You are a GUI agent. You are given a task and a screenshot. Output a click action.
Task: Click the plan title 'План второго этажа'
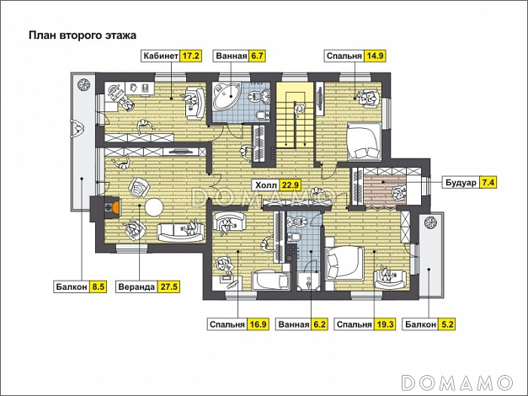[83, 35]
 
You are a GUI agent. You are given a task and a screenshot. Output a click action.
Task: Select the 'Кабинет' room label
[161, 56]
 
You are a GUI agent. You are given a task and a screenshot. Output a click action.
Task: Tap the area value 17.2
[191, 56]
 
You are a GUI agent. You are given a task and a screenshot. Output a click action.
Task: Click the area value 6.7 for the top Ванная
[257, 56]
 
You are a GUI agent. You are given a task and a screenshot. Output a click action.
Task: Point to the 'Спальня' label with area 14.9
[344, 56]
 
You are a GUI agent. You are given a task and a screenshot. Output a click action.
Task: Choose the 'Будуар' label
[461, 183]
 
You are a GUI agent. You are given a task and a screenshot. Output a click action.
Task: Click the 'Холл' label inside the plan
[266, 185]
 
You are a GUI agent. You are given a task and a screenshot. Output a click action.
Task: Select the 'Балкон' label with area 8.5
[72, 286]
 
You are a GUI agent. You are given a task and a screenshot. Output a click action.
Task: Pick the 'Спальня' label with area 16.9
[227, 324]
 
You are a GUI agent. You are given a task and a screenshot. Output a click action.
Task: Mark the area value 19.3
[385, 324]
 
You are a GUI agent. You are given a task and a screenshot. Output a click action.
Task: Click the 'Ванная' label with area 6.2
[294, 324]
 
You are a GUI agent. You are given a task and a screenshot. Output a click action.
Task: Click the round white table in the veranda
[154, 208]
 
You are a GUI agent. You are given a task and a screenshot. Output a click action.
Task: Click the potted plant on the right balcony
[430, 222]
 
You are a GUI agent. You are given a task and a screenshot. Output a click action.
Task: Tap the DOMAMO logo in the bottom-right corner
[457, 383]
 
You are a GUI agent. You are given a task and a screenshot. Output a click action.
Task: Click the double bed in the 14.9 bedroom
[365, 142]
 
